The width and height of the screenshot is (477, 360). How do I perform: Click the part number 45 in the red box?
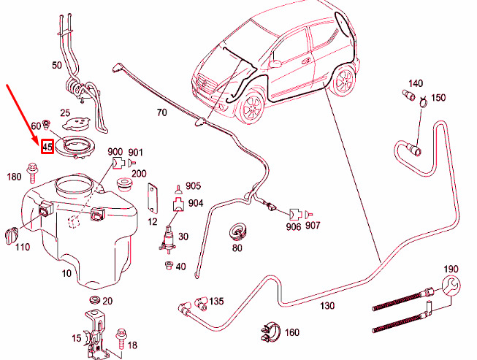pyautogui.click(x=47, y=147)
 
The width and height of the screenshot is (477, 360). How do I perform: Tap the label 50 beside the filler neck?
pyautogui.click(x=57, y=65)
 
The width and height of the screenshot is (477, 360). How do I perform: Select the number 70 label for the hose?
pyautogui.click(x=162, y=112)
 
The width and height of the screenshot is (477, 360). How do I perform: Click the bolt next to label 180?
pyautogui.click(x=32, y=174)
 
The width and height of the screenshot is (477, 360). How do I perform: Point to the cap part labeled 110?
pyautogui.click(x=12, y=234)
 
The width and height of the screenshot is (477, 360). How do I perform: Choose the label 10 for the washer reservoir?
pyautogui.click(x=66, y=273)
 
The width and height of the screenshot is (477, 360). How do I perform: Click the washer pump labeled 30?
pyautogui.click(x=167, y=240)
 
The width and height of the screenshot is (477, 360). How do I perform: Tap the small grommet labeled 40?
pyautogui.click(x=168, y=265)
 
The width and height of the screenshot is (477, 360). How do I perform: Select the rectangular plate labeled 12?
pyautogui.click(x=153, y=199)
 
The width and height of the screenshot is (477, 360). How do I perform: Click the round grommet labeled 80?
pyautogui.click(x=237, y=232)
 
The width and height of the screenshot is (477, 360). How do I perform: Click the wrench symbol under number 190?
pyautogui.click(x=451, y=286)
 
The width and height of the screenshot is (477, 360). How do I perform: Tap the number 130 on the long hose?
pyautogui.click(x=327, y=305)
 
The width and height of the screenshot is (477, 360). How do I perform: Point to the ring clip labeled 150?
pyautogui.click(x=422, y=102)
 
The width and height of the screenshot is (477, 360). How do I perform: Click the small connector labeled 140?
pyautogui.click(x=409, y=95)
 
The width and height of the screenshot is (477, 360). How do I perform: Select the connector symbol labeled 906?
pyautogui.click(x=295, y=215)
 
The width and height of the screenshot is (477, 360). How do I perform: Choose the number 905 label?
pyautogui.click(x=194, y=185)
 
